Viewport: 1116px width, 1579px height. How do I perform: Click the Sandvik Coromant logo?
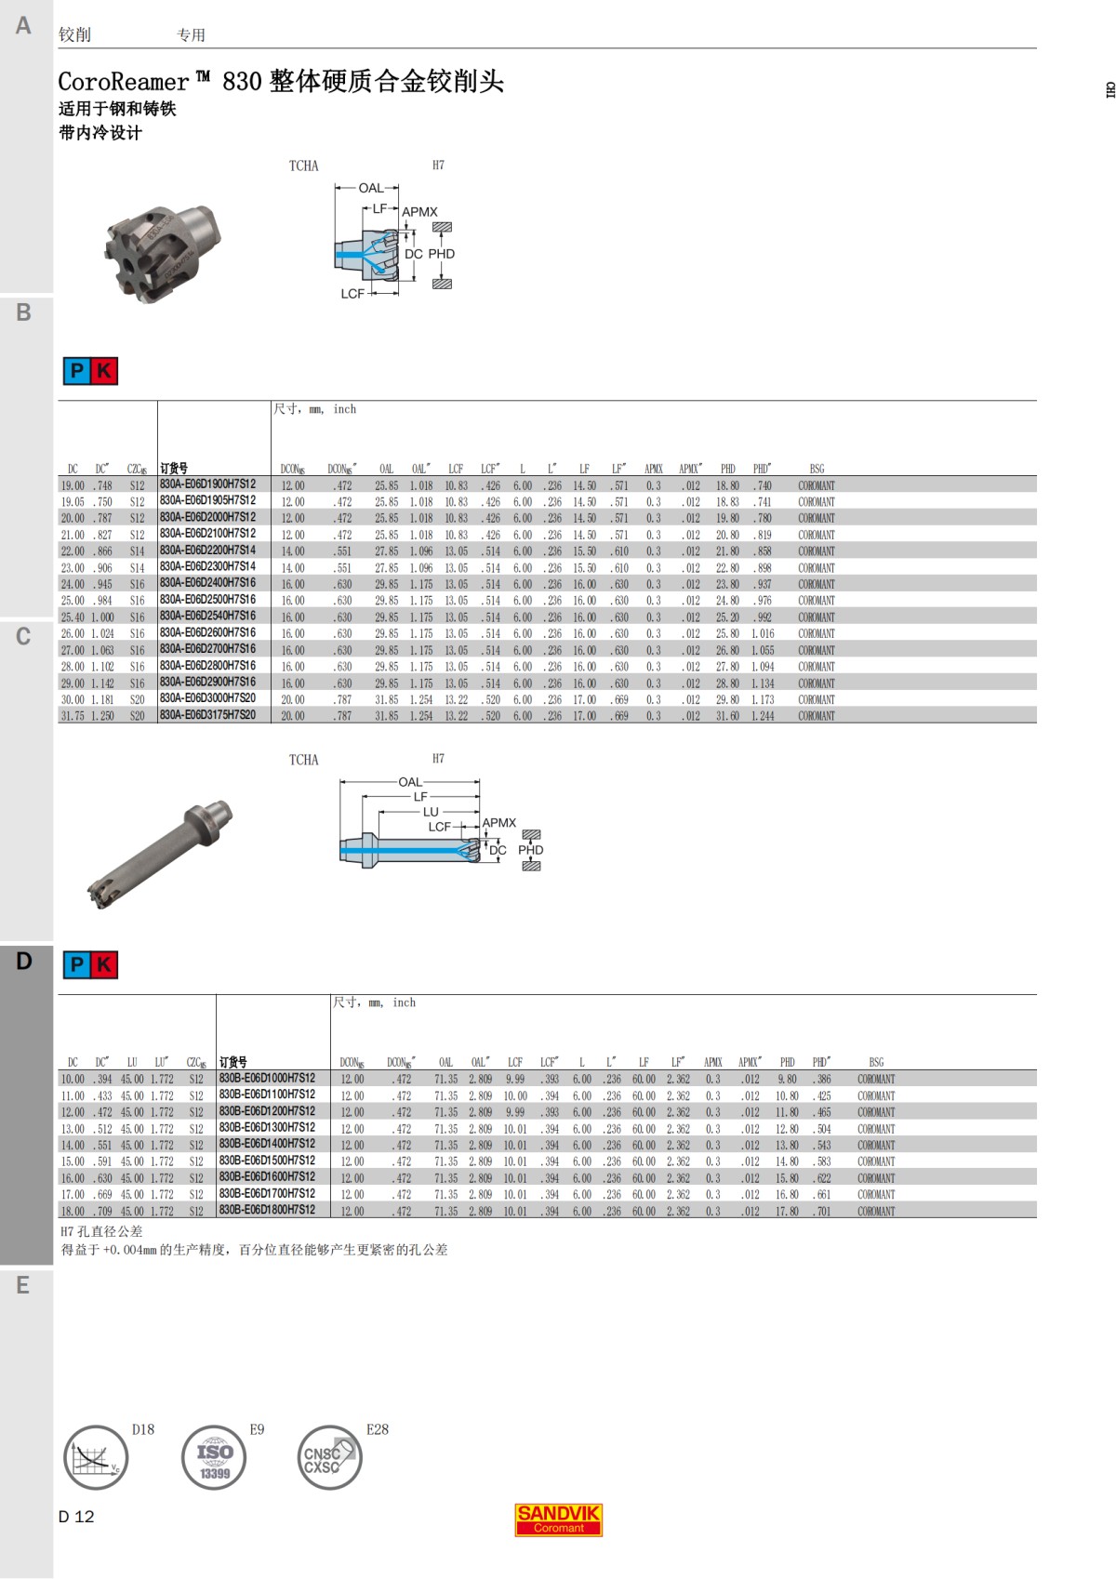click(x=559, y=1519)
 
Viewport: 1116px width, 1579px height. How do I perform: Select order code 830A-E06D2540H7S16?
click(x=207, y=616)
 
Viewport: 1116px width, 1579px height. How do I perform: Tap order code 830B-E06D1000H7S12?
click(x=267, y=1079)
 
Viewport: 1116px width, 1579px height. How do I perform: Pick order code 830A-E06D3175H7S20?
click(x=207, y=715)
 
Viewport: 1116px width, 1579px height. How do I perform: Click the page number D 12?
click(x=76, y=1517)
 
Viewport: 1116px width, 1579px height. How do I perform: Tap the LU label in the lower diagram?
click(x=431, y=812)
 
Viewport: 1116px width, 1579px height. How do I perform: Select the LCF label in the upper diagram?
click(x=352, y=294)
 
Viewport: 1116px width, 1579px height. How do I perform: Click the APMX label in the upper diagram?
click(x=419, y=212)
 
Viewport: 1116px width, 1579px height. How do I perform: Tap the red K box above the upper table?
click(x=104, y=371)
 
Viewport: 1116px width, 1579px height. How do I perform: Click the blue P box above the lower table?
click(x=76, y=965)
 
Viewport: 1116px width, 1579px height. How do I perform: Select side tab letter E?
click(x=23, y=1285)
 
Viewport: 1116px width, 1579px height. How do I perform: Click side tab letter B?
click(x=23, y=312)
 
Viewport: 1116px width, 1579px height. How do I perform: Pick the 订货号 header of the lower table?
click(x=232, y=1062)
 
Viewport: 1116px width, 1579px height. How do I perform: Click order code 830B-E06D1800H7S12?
click(x=267, y=1210)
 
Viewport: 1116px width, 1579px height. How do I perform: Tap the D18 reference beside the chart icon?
click(x=143, y=1429)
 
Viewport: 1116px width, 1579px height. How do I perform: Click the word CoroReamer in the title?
click(x=123, y=82)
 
